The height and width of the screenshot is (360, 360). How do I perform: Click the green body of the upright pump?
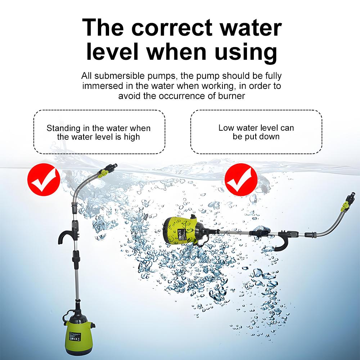(77, 337)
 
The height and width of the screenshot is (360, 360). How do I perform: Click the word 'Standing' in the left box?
(61, 128)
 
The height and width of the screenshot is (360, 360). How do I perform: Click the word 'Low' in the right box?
(226, 128)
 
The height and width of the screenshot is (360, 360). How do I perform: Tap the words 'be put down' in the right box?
(256, 136)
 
